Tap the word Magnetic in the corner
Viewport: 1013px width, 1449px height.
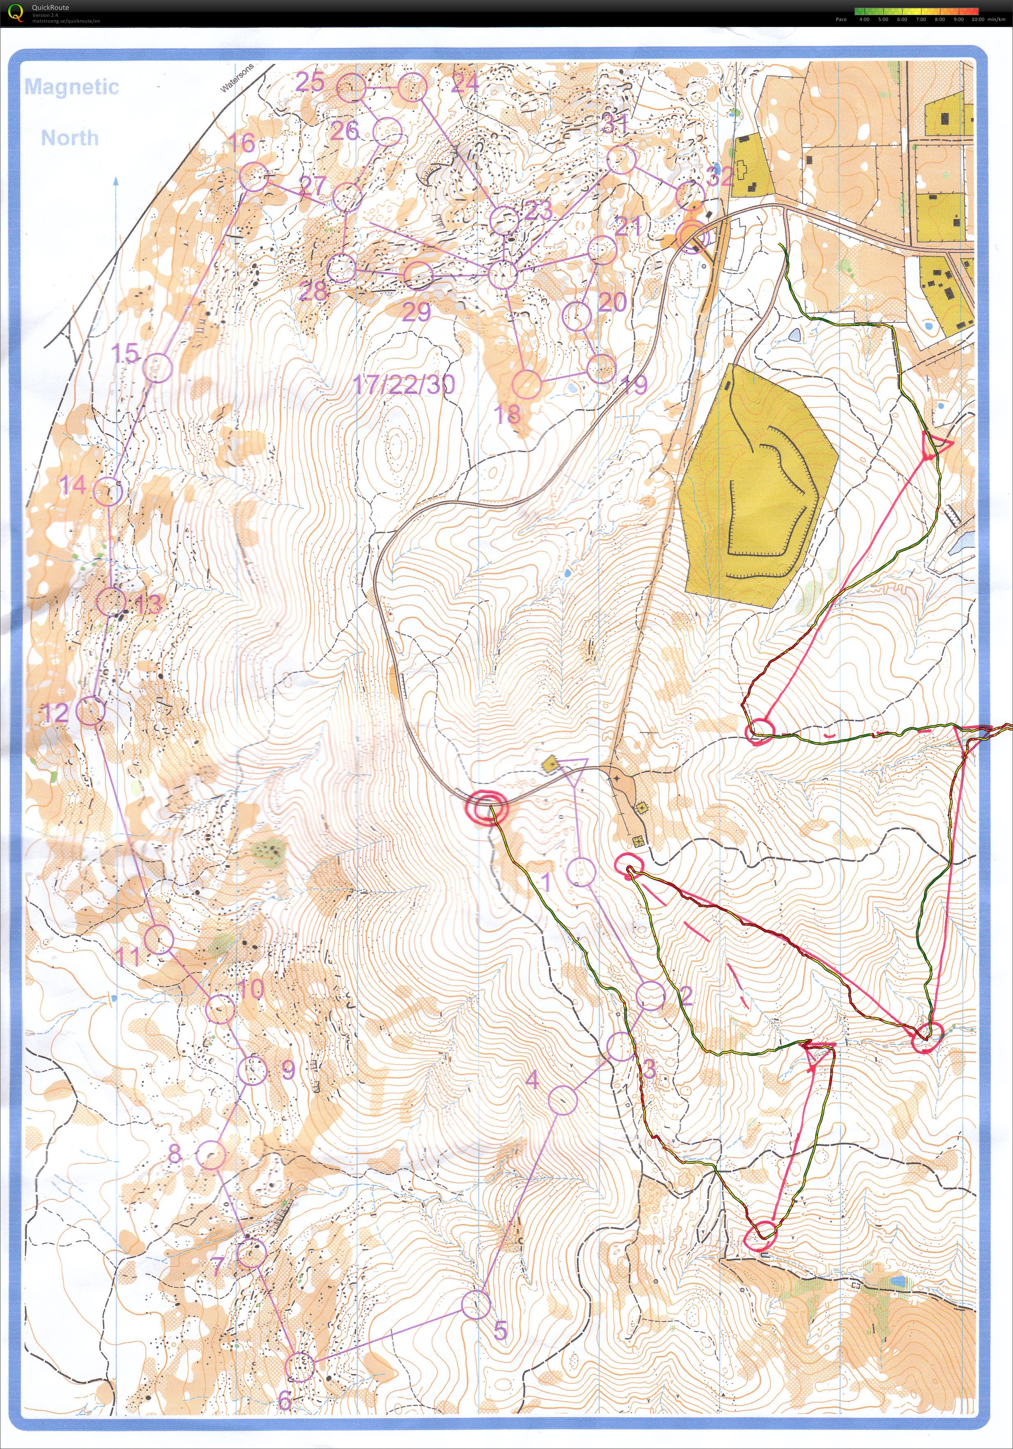[x=71, y=86]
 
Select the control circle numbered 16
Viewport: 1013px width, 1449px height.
[x=254, y=177]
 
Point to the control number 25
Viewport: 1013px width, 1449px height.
[x=310, y=82]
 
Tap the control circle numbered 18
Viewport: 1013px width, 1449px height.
[x=527, y=384]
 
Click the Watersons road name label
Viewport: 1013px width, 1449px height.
[x=237, y=77]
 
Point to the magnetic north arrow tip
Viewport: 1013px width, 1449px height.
[x=116, y=180]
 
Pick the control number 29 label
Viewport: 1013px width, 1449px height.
[x=416, y=312]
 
